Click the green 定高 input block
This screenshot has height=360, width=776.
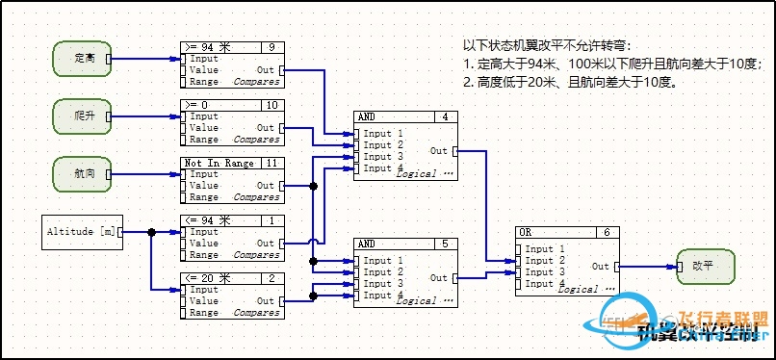tap(81, 59)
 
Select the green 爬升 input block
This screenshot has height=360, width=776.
tap(81, 116)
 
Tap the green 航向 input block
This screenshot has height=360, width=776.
tap(81, 173)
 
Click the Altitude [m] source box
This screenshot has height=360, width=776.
tap(82, 232)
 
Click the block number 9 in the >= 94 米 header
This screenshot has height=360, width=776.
tap(272, 47)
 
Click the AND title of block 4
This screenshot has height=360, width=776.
tap(367, 116)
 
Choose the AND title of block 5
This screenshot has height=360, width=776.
tap(367, 243)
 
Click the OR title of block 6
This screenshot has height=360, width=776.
tap(526, 232)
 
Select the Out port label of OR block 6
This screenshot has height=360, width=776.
tap(600, 267)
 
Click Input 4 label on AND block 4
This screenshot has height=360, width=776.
tap(377, 168)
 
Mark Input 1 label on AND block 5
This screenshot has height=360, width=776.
tap(377, 260)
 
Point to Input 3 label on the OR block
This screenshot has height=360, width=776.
tap(539, 272)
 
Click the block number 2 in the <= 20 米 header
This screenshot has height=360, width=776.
tap(272, 278)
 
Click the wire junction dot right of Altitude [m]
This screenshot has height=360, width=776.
tap(151, 232)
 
